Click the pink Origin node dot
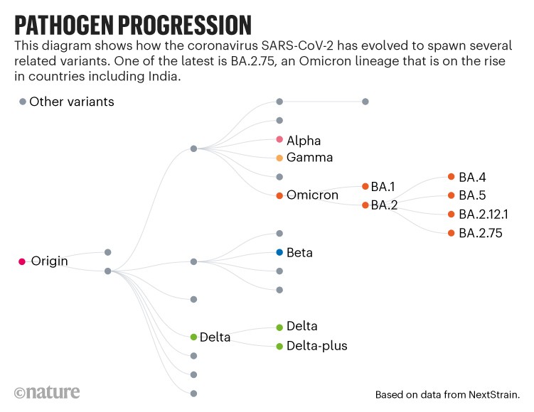tap(22, 261)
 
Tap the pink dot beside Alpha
tap(279, 139)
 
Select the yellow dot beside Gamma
tap(279, 158)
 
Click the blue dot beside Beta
tap(279, 252)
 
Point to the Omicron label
tap(312, 195)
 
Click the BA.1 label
tap(383, 187)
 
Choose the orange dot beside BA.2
tap(365, 205)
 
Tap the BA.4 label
tap(472, 177)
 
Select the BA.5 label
tap(472, 195)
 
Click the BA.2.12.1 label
tap(483, 214)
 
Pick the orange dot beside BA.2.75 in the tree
tap(451, 232)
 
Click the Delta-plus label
tap(316, 346)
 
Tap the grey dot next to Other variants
tap(22, 102)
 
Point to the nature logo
tap(46, 392)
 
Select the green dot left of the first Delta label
tap(193, 337)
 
